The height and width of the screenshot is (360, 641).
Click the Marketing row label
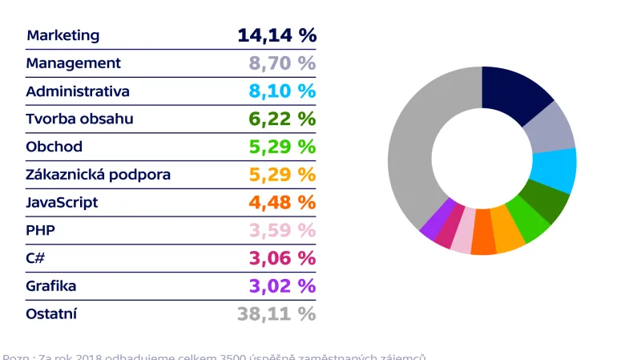pyautogui.click(x=62, y=35)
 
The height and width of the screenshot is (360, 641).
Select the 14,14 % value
pyautogui.click(x=276, y=35)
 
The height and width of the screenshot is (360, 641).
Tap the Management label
pyautogui.click(x=73, y=63)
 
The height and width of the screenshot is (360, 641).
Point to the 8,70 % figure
pyautogui.click(x=282, y=63)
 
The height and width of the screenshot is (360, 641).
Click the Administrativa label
pyautogui.click(x=77, y=91)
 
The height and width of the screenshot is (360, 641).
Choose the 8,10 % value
pyautogui.click(x=282, y=91)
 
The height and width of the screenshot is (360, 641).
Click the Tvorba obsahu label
pyautogui.click(x=79, y=119)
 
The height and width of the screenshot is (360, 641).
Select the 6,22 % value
pyautogui.click(x=282, y=119)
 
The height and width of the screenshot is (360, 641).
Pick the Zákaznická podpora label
pyautogui.click(x=98, y=175)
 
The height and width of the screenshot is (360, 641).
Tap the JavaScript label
pyautogui.click(x=62, y=203)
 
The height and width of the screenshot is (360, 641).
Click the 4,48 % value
pyautogui.click(x=282, y=203)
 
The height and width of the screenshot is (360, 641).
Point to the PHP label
pyautogui.click(x=40, y=231)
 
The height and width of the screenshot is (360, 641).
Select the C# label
pyautogui.click(x=36, y=258)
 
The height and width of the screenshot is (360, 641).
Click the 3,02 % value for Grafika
pyautogui.click(x=282, y=286)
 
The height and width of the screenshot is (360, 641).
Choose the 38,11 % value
pyautogui.click(x=276, y=313)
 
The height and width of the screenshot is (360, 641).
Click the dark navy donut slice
pyautogui.click(x=513, y=95)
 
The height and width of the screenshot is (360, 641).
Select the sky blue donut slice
pyautogui.click(x=554, y=171)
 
